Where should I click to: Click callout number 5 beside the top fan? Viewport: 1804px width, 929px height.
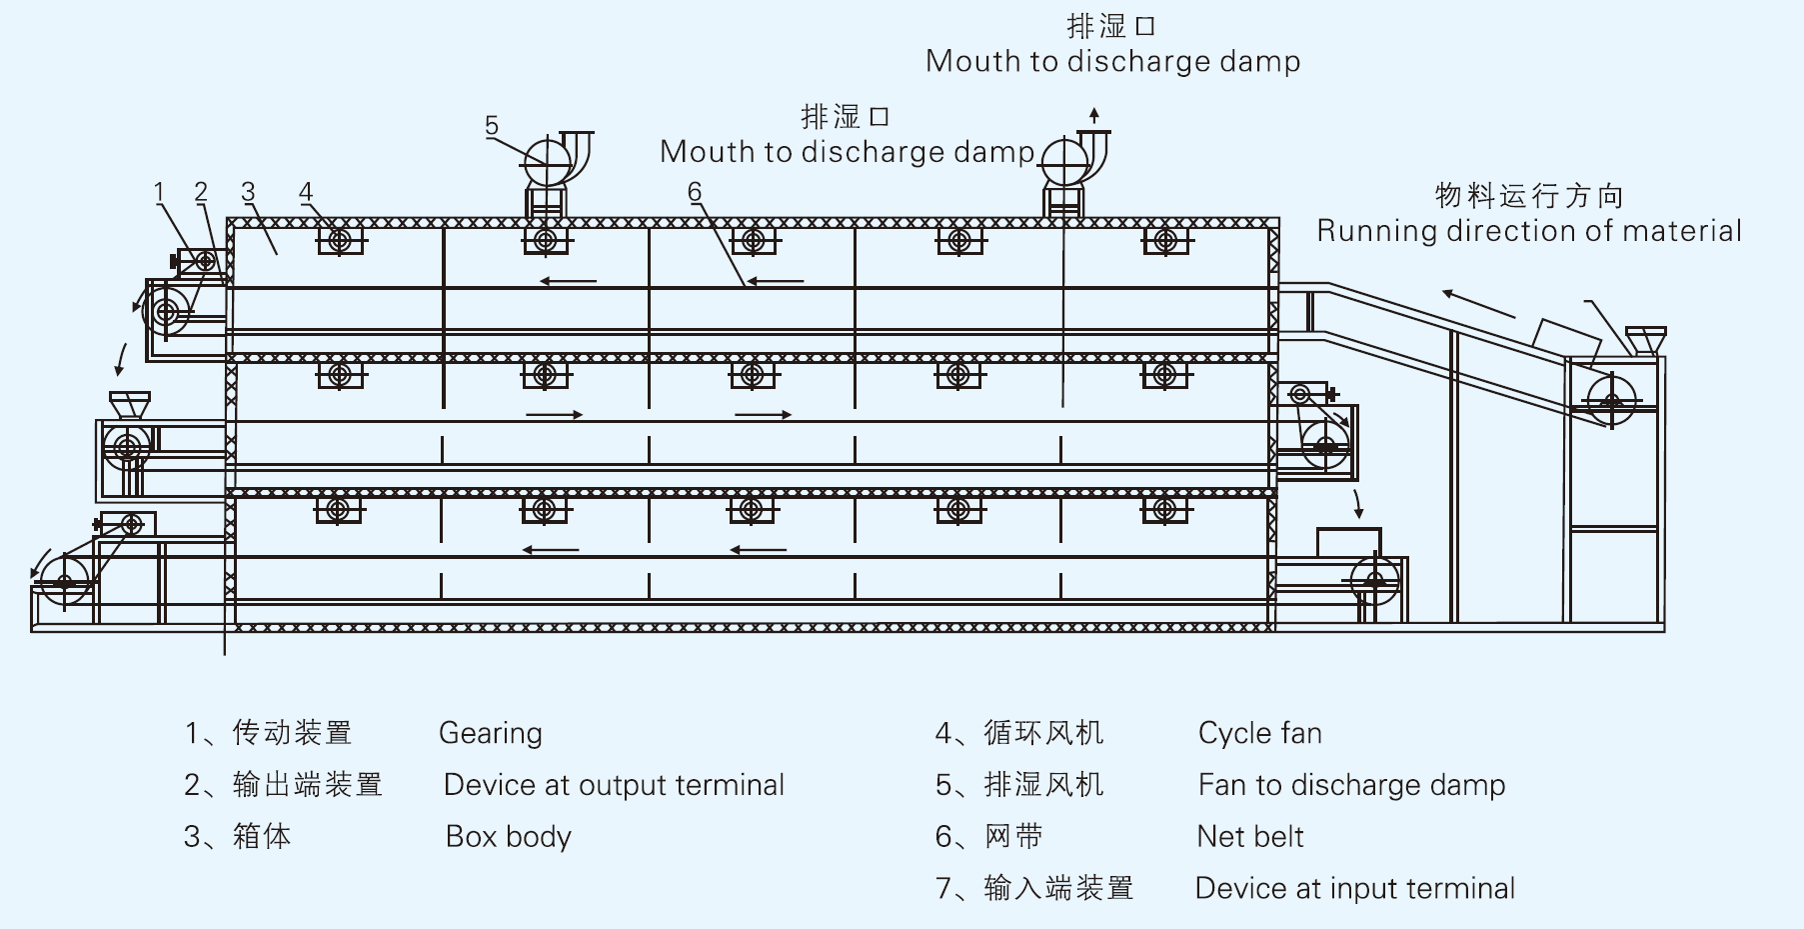pyautogui.click(x=491, y=126)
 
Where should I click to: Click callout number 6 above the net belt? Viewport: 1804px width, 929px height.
pyautogui.click(x=695, y=192)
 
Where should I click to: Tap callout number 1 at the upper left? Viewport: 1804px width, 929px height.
pyautogui.click(x=159, y=192)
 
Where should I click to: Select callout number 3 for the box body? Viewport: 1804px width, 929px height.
pyautogui.click(x=248, y=192)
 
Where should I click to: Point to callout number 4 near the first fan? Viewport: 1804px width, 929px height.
pyautogui.click(x=306, y=192)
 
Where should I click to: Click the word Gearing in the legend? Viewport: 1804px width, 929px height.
pyautogui.click(x=490, y=734)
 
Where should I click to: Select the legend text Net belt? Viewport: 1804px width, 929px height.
pyautogui.click(x=1249, y=837)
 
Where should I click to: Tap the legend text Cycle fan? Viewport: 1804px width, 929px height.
pyautogui.click(x=1259, y=734)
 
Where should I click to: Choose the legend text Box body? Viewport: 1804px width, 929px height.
pyautogui.click(x=508, y=837)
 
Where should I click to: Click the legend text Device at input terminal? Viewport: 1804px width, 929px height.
pyautogui.click(x=1354, y=889)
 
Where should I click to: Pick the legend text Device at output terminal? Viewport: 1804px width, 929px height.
pyautogui.click(x=614, y=786)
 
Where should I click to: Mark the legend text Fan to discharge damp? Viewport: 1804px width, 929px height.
pyautogui.click(x=1351, y=786)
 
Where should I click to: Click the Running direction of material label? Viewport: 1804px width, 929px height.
pyautogui.click(x=1528, y=231)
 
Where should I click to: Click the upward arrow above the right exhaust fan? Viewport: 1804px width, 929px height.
pyautogui.click(x=1094, y=114)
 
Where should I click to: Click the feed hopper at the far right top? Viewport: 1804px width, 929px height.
pyautogui.click(x=1644, y=339)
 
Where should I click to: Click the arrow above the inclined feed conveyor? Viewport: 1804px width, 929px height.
pyautogui.click(x=1478, y=303)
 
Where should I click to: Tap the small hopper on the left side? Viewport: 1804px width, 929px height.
pyautogui.click(x=129, y=405)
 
